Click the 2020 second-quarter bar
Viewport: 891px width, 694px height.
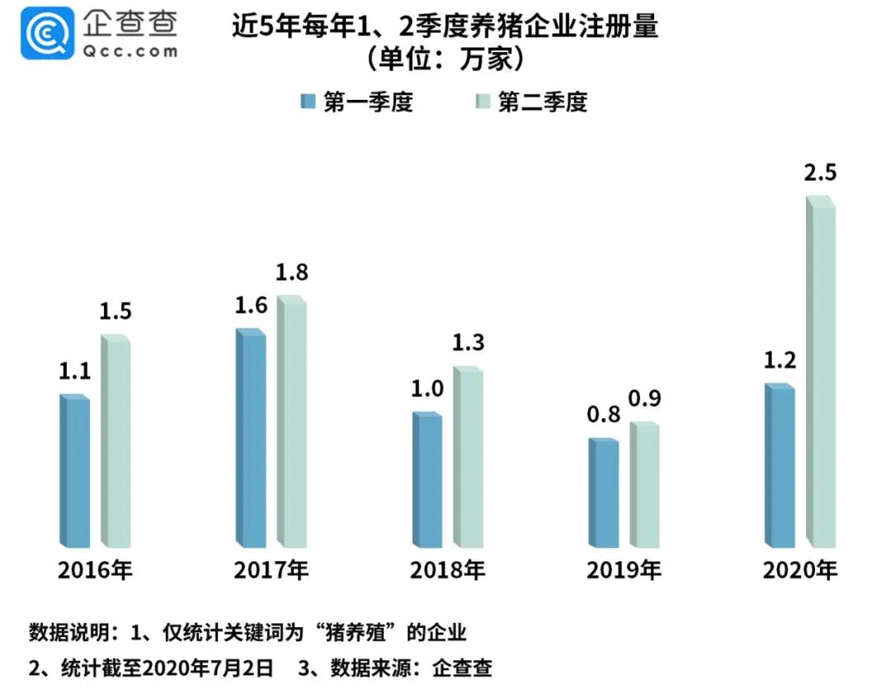pos(821,375)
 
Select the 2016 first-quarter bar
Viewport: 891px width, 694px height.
pos(75,470)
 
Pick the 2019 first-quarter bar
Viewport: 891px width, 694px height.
pos(603,493)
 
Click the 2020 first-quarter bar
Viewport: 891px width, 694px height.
pos(780,466)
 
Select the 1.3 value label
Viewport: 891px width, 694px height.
pos(468,342)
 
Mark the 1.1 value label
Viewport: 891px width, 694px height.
pos(74,371)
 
